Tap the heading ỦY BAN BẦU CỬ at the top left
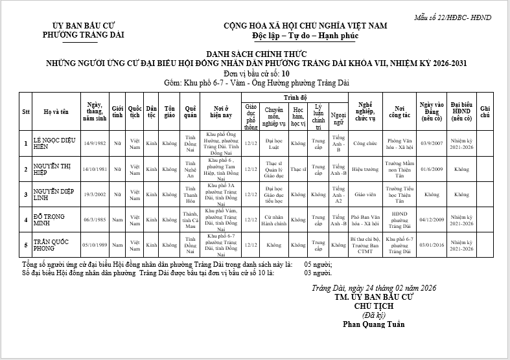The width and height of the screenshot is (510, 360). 82,26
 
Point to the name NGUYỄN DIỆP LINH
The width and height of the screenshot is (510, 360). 55,194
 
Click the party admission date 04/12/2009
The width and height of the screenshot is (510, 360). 431,219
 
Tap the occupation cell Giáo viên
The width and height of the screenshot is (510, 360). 365,194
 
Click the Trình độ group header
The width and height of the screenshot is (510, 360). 294,96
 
